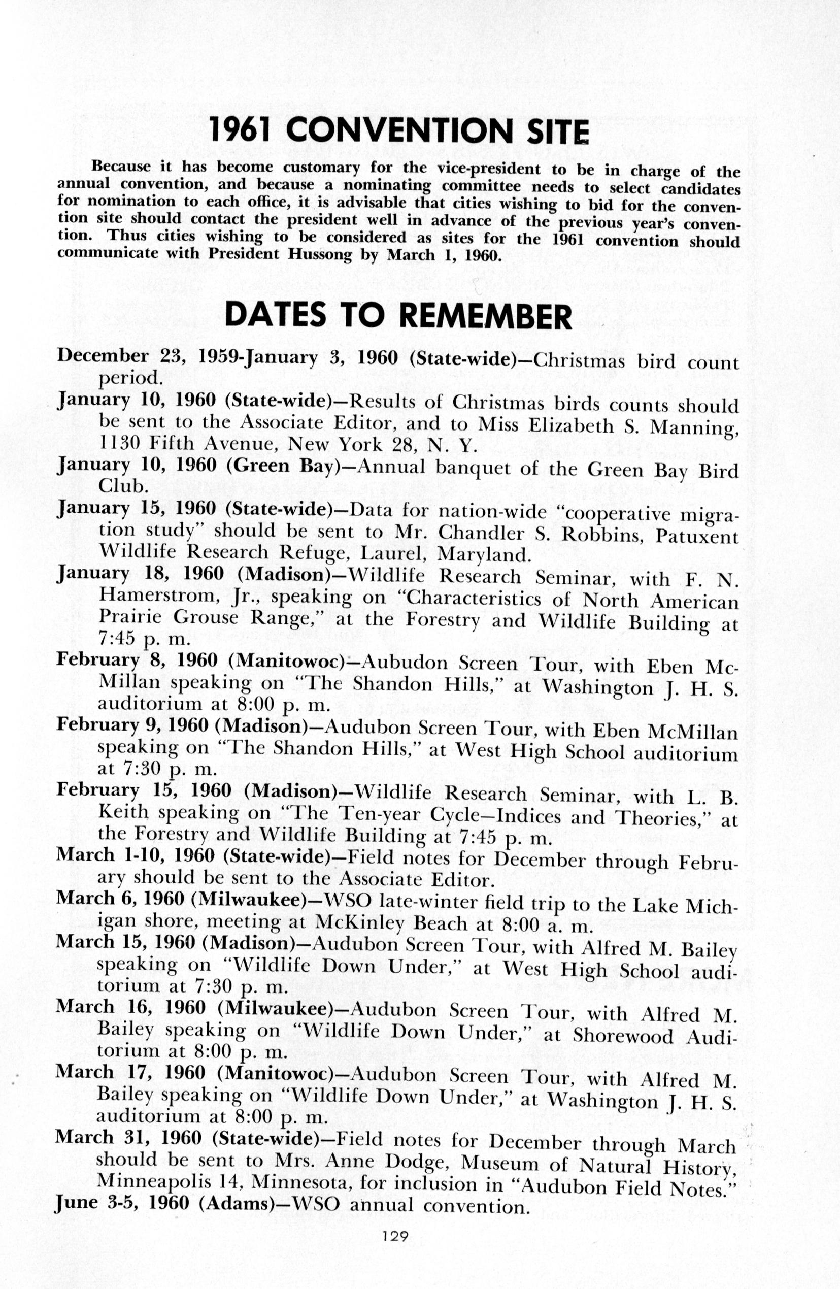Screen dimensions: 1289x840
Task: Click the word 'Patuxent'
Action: [696, 536]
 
